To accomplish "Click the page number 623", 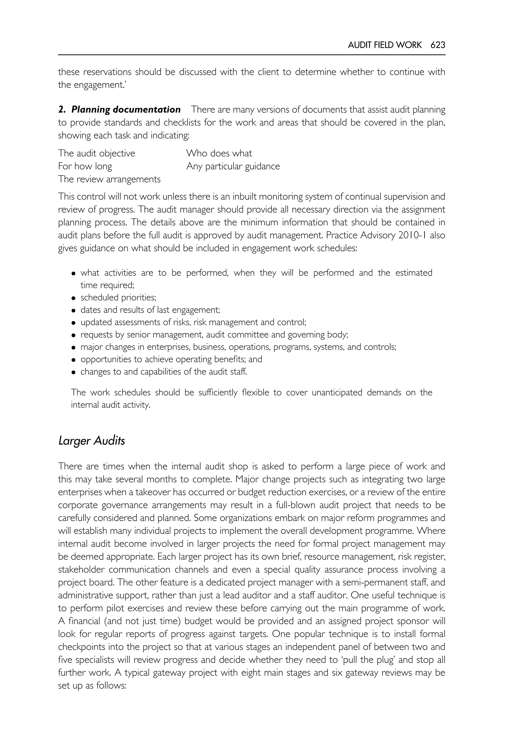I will (437, 45).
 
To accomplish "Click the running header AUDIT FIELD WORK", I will (384, 45).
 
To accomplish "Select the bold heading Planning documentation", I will (125, 110).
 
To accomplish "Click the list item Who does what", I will (219, 153).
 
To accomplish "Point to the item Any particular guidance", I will (233, 166).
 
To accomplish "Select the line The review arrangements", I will (109, 179).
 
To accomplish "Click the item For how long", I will (85, 166).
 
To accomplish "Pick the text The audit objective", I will (97, 153).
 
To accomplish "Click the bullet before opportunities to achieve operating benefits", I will (74, 360).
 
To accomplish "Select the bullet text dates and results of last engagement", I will (150, 310).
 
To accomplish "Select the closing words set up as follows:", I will (92, 685).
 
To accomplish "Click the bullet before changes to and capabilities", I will (74, 372).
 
